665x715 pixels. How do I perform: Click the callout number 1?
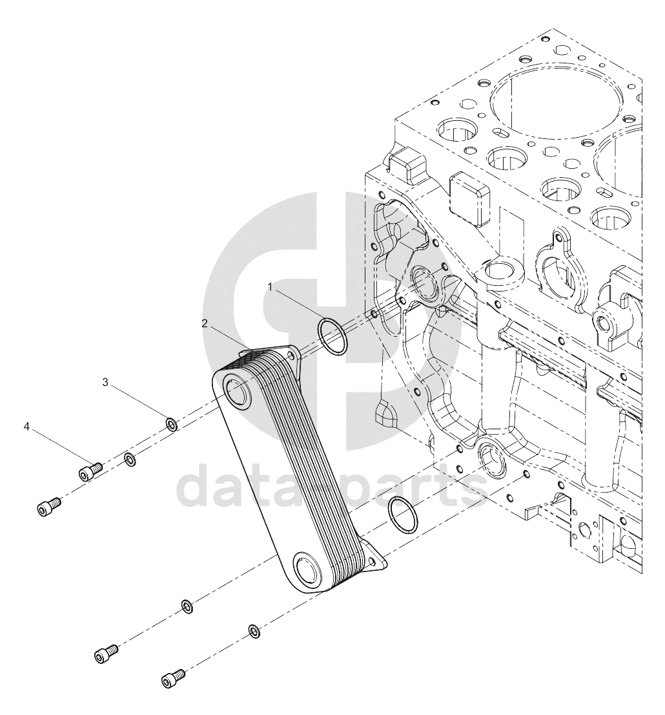point(270,287)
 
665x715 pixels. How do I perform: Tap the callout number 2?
point(205,323)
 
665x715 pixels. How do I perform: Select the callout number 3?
point(105,382)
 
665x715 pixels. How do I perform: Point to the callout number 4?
point(26,427)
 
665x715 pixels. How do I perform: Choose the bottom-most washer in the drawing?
point(254,630)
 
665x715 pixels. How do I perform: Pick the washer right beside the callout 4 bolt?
point(129,460)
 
